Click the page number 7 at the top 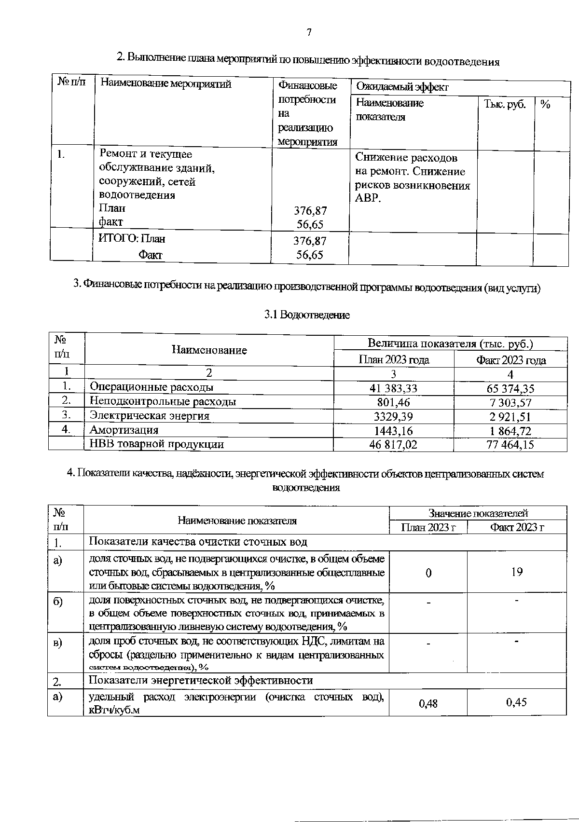pos(309,32)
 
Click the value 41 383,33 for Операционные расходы pos(393,388)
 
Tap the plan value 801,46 pos(393,402)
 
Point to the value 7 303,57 pos(510,403)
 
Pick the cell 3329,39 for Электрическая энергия pos(393,416)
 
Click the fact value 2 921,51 pos(510,417)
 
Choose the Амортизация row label pos(124,430)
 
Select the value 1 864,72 pos(510,431)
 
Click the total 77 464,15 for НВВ pos(510,444)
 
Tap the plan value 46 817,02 pos(393,444)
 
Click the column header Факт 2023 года pos(511,360)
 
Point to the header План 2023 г pos(428,527)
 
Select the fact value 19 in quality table pos(517,572)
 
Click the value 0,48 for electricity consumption pos(428,703)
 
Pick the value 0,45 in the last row pos(516,702)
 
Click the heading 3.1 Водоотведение pos(307,315)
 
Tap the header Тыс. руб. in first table pos(505,104)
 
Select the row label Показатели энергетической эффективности pos(201,680)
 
